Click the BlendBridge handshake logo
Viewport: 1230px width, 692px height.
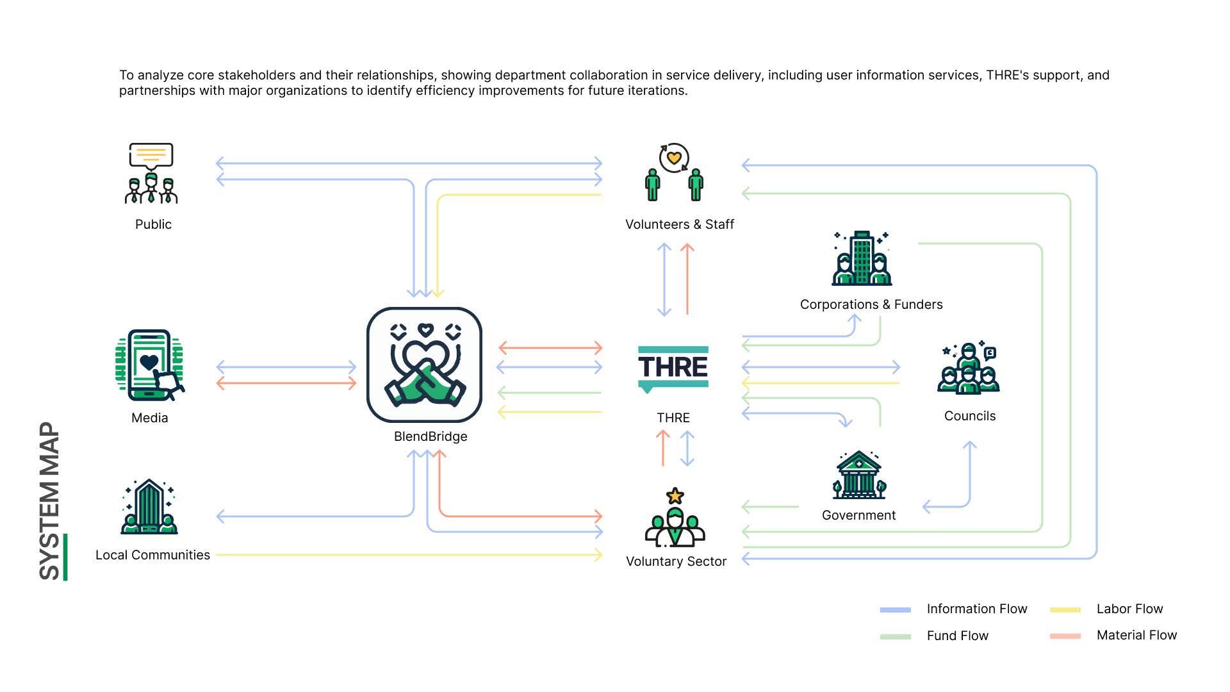click(x=424, y=365)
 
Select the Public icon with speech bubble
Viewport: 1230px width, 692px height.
click(x=151, y=173)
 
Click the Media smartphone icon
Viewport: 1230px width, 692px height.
click(x=150, y=365)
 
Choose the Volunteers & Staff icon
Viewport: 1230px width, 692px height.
click(x=674, y=173)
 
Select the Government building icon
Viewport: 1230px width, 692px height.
click(x=858, y=475)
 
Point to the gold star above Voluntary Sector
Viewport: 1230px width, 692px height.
click(x=675, y=495)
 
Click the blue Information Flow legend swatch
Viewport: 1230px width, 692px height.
click(x=895, y=610)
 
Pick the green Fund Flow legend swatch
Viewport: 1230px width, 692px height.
click(x=895, y=636)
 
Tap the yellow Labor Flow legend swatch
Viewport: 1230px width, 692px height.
click(x=1065, y=610)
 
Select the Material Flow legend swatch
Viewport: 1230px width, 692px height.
click(x=1065, y=636)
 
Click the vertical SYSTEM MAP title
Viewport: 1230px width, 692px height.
click(x=50, y=501)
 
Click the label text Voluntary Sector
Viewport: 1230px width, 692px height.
click(x=676, y=561)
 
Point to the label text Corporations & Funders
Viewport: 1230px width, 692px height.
click(x=871, y=304)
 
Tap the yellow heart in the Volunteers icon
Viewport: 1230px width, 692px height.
click(x=673, y=157)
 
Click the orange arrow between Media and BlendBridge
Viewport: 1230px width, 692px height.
click(x=286, y=384)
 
